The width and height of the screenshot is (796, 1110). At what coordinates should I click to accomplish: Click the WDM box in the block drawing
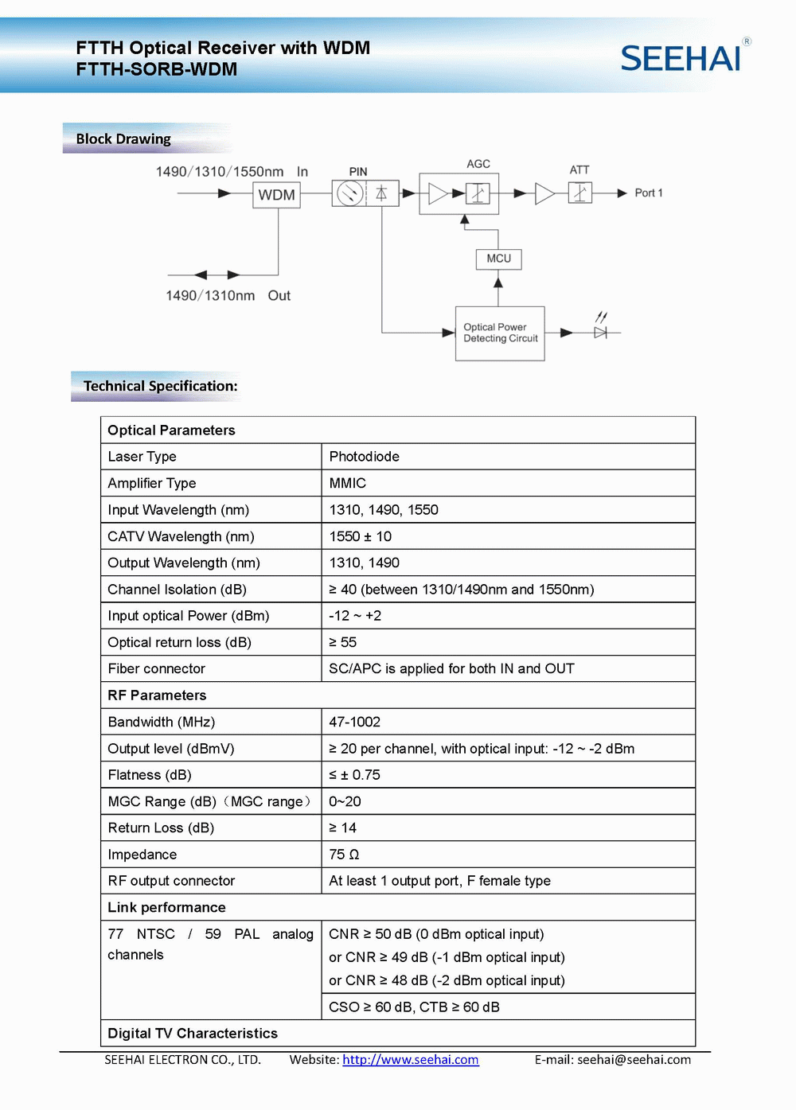276,195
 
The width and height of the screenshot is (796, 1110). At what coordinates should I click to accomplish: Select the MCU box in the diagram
499,259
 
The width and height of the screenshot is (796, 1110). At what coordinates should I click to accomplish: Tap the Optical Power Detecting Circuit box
500,333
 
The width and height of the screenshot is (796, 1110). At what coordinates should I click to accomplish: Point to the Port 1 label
648,193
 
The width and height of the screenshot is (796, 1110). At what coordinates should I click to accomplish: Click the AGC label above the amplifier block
478,164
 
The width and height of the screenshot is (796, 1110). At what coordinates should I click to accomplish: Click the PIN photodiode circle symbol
349,193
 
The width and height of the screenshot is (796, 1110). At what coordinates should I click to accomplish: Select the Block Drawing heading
123,139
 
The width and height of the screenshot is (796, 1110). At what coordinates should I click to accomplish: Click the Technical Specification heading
160,386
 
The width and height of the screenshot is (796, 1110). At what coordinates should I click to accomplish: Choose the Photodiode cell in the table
365,457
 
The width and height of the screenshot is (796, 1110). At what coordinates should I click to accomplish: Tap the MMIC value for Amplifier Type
348,483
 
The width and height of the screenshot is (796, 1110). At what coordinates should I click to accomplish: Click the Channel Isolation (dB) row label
178,590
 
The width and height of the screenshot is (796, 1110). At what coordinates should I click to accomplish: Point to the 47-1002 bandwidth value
355,722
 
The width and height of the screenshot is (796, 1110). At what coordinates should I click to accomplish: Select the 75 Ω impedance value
344,855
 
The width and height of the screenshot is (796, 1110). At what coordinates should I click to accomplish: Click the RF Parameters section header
157,695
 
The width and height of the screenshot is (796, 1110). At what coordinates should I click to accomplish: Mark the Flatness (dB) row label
150,775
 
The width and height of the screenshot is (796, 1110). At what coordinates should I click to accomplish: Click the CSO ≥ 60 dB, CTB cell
414,1007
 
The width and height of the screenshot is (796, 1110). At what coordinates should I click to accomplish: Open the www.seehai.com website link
411,1060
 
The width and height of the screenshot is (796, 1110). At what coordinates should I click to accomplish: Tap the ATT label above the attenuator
579,170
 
